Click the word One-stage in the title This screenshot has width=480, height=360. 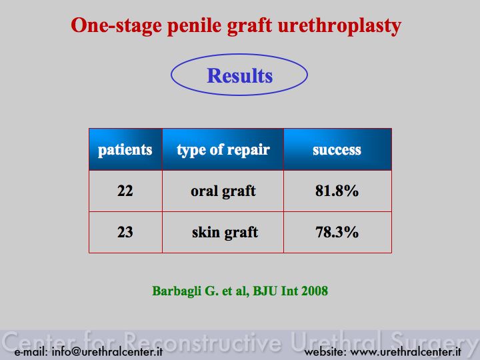[x=116, y=26]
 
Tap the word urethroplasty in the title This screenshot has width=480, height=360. [x=339, y=26]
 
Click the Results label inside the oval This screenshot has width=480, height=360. [x=240, y=75]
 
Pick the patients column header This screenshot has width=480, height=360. [x=125, y=150]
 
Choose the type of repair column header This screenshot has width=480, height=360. [x=223, y=150]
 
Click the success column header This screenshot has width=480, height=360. [x=337, y=150]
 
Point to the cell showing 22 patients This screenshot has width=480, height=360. [x=125, y=191]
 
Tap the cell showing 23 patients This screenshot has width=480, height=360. [x=125, y=232]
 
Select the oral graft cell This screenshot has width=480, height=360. [x=223, y=191]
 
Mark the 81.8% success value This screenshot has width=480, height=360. [x=337, y=191]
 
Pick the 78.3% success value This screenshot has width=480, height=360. [x=337, y=232]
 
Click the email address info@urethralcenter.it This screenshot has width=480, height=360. [x=107, y=352]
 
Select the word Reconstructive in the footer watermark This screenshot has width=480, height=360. [x=203, y=341]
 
